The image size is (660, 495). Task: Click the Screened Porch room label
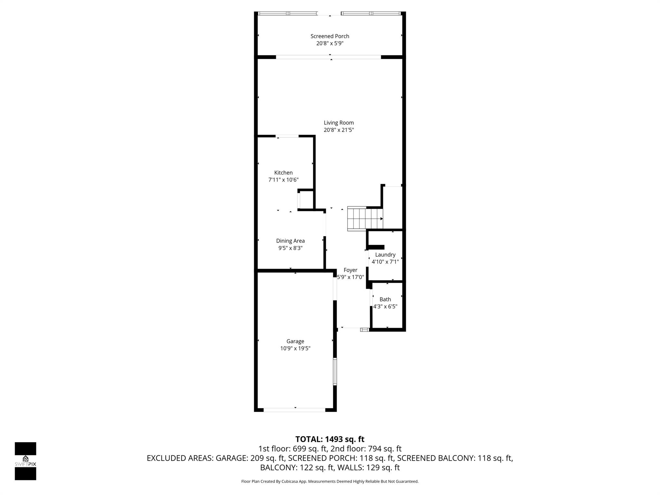point(330,36)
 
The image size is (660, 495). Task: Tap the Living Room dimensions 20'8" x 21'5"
point(339,130)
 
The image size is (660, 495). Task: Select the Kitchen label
point(283,173)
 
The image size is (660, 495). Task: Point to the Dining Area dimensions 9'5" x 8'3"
point(290,248)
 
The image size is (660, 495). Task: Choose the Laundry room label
point(385,255)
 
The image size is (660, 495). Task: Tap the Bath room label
point(385,299)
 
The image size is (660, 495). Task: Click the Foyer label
point(350,270)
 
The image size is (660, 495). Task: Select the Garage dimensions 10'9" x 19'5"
point(295,348)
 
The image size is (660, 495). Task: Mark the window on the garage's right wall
point(335,371)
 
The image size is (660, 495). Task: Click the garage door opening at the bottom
point(295,410)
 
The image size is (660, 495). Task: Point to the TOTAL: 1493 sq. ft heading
point(330,439)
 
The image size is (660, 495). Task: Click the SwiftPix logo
point(25,461)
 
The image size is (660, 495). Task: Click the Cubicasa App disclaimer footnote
point(330,481)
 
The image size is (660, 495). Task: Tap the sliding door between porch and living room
point(328,57)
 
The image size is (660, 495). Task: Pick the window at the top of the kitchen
point(287,136)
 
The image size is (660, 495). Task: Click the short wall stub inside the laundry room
point(376,247)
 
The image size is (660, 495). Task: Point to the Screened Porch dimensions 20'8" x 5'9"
point(330,44)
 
